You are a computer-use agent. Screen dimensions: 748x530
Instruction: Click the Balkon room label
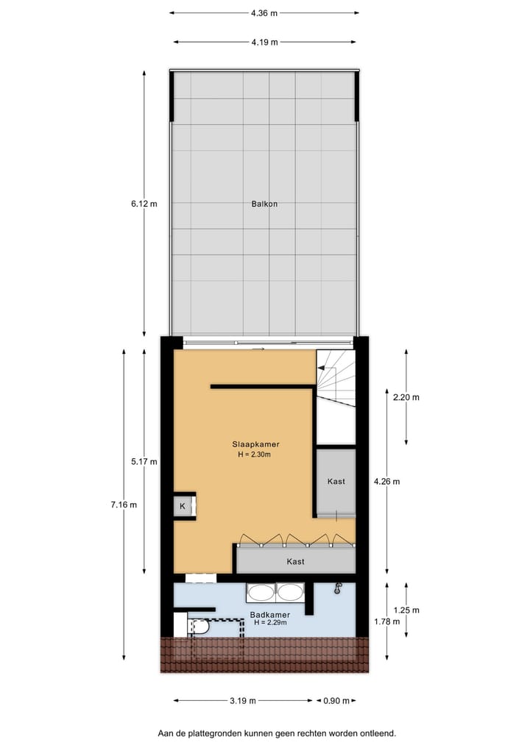pos(264,204)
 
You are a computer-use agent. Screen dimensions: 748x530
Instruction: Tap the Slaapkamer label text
pos(255,444)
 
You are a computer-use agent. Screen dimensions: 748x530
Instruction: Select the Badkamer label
pos(269,615)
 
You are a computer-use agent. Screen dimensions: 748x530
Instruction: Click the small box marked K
pos(183,506)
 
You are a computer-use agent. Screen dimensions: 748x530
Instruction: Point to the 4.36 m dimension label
pos(264,13)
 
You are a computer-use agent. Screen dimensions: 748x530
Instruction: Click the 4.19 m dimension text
pos(264,42)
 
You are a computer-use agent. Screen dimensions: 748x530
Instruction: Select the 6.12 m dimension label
pos(144,204)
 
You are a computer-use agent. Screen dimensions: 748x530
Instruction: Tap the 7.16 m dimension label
pos(124,505)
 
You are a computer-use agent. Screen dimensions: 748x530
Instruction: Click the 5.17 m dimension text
pos(144,461)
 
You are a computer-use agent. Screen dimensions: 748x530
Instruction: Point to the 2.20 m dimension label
pos(406,397)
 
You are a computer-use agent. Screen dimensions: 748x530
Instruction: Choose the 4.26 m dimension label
pos(386,482)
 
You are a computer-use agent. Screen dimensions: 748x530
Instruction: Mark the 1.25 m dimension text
pos(406,610)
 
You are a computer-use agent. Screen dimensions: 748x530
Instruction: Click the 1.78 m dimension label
pos(386,621)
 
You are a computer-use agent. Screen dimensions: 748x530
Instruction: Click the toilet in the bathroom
pos(199,627)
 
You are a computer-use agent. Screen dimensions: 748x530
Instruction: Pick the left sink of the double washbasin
pos(259,592)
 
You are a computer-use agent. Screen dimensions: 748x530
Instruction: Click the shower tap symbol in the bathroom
pos(338,588)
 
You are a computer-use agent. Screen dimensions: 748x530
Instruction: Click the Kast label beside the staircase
pos(336,481)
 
